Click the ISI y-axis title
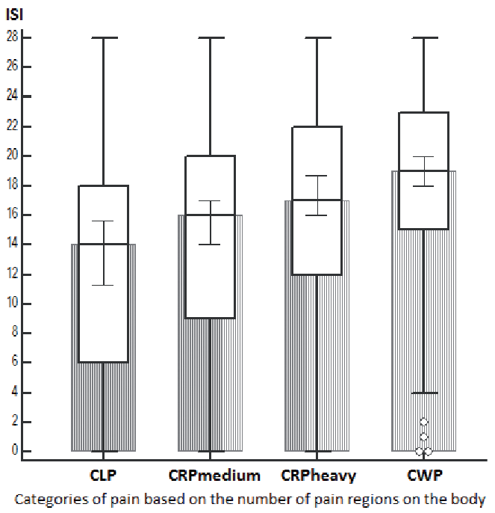tap(14, 13)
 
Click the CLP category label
tap(103, 475)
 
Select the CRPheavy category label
tap(318, 475)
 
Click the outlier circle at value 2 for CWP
tap(424, 422)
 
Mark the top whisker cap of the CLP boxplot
tap(104, 37)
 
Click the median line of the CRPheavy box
tap(317, 200)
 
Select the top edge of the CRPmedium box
tap(211, 156)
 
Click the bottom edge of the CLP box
tap(104, 363)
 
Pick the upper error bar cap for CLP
tap(104, 221)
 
